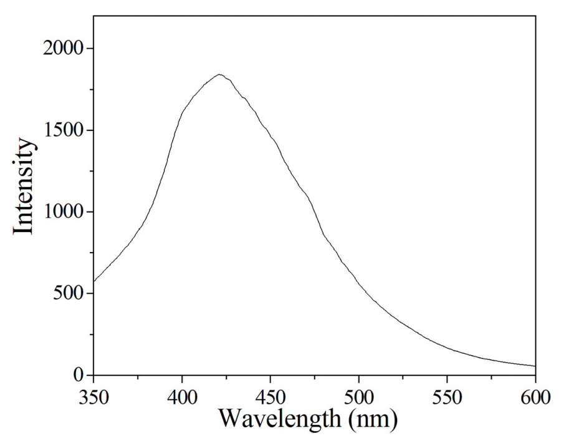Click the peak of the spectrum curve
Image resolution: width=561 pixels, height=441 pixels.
click(x=219, y=75)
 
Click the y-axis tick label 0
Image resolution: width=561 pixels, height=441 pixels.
click(x=78, y=375)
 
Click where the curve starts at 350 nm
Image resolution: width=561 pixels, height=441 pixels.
click(x=94, y=281)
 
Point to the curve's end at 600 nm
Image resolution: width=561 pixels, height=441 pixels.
click(x=535, y=366)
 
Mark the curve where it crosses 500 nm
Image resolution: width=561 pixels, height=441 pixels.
click(x=359, y=285)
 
